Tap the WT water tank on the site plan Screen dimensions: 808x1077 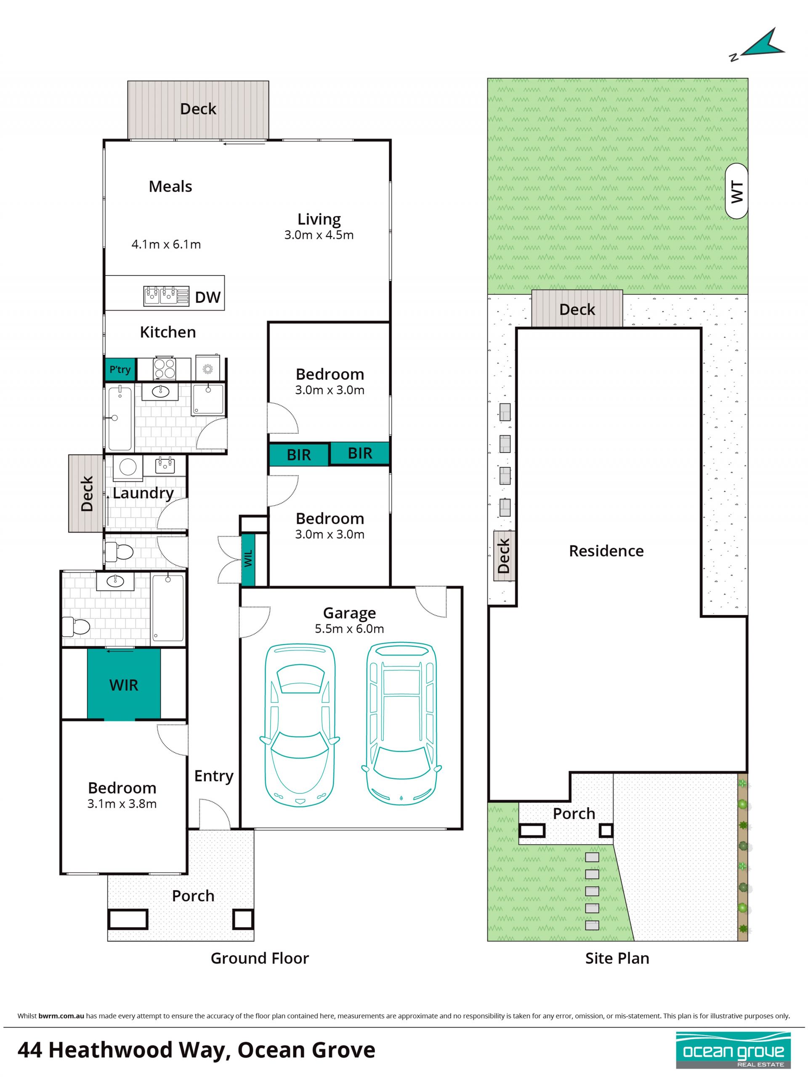tap(736, 191)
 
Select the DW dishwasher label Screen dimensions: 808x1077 tap(207, 297)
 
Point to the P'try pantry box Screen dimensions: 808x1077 tap(120, 369)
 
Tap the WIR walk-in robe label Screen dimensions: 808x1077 tap(124, 686)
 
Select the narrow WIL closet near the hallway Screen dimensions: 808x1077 tap(248, 560)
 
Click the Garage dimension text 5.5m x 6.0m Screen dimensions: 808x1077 tap(349, 629)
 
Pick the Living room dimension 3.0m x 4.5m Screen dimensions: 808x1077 tap(319, 235)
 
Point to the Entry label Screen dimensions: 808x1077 tap(214, 776)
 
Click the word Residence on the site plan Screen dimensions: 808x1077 tap(606, 551)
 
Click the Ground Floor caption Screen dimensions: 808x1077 tap(260, 958)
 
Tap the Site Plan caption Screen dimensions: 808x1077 tap(617, 958)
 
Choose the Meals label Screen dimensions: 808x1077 tap(170, 186)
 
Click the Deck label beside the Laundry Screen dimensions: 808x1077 tap(87, 494)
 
